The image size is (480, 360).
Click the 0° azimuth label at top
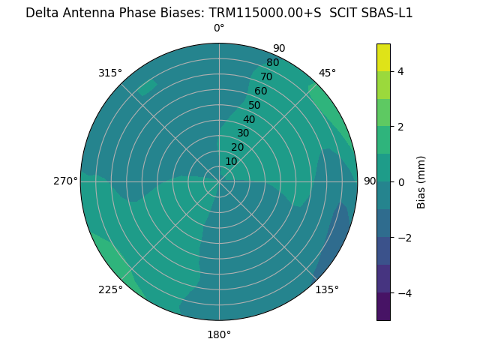(219, 28)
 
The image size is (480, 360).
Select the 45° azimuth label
(327, 73)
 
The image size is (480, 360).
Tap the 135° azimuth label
(327, 289)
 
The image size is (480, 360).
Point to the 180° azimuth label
(219, 334)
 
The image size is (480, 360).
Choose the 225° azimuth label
(110, 290)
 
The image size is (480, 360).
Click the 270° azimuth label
(65, 181)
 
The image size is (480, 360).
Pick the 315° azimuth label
(110, 73)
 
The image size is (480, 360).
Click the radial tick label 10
(231, 161)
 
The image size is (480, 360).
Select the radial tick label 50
(254, 105)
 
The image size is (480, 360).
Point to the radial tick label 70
(266, 76)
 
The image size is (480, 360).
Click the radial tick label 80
(272, 62)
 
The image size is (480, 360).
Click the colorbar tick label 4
(401, 71)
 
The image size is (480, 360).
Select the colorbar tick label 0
(401, 181)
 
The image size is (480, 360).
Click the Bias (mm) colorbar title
(421, 181)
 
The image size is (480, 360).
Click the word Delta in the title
(43, 13)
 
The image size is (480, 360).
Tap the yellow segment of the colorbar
(383, 58)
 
